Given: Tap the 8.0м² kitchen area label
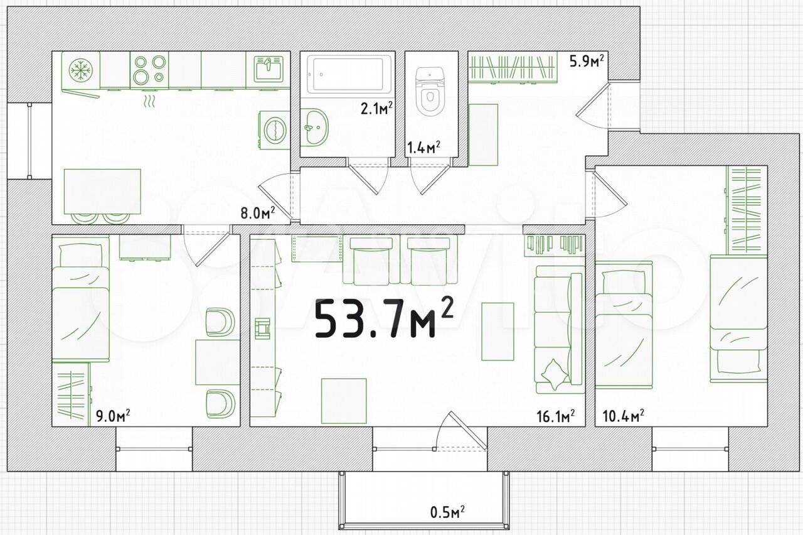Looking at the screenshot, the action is click(258, 213).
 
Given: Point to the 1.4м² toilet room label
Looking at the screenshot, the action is click(423, 147).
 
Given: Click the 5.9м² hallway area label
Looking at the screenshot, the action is click(587, 62).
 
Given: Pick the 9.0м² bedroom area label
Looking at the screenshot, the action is click(112, 416).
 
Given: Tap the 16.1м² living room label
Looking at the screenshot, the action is click(556, 416).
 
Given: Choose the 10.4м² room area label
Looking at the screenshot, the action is click(624, 416).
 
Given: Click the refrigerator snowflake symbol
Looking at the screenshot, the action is click(81, 69).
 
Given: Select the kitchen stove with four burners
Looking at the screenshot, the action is click(149, 70).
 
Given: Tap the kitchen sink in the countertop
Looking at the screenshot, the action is click(268, 69).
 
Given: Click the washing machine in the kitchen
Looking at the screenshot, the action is click(274, 130).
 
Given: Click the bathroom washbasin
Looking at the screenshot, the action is click(314, 127).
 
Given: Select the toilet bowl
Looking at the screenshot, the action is click(429, 92).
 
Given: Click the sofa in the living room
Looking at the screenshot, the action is click(558, 330).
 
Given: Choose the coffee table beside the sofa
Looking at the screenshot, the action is click(497, 331).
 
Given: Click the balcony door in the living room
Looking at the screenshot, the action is click(460, 431).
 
